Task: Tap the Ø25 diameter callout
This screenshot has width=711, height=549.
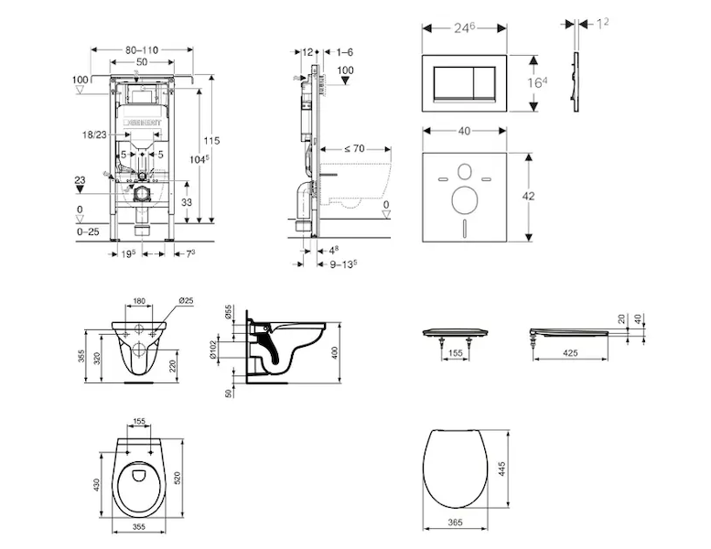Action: tap(182, 300)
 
